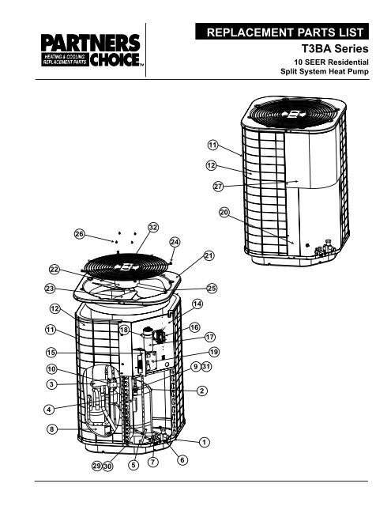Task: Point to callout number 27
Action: [218, 187]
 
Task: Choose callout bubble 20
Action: [224, 212]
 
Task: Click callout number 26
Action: [79, 234]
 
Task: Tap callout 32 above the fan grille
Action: [152, 227]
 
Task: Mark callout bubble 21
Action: [209, 255]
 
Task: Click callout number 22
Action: [55, 270]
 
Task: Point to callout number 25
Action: [212, 288]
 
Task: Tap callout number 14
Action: [197, 304]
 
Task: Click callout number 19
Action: [213, 351]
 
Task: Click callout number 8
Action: [51, 429]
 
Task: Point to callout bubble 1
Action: [204, 441]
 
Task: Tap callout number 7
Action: [153, 460]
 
